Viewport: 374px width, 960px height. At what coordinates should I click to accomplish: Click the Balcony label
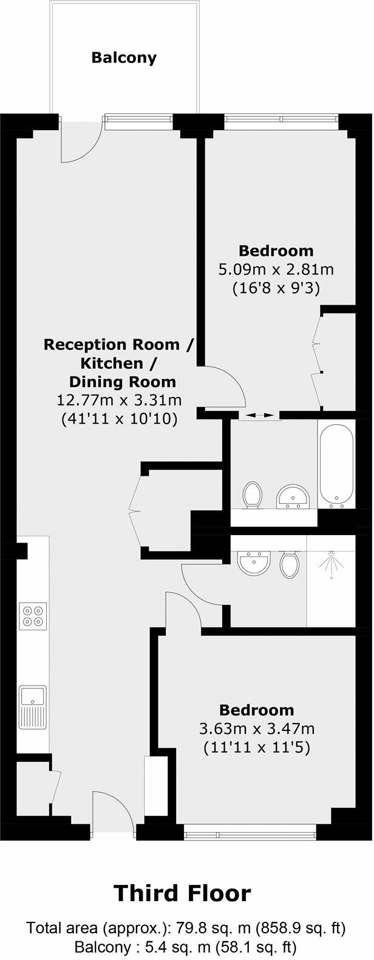(x=124, y=58)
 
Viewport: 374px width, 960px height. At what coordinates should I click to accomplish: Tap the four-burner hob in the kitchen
(x=33, y=615)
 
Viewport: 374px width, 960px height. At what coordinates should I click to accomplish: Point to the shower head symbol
(x=331, y=564)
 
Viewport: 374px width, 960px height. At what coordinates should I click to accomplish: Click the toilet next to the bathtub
(x=252, y=494)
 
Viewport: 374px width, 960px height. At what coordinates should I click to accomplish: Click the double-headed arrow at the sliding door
(x=259, y=415)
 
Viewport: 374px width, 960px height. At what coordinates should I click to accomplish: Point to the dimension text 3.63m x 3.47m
(x=257, y=728)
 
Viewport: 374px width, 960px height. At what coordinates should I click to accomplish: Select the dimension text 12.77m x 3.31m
(x=119, y=400)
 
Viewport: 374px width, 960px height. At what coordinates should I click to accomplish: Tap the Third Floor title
(x=182, y=893)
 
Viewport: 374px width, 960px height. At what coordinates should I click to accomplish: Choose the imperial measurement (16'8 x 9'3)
(x=276, y=288)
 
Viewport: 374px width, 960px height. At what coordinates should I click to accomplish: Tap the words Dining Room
(x=123, y=382)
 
